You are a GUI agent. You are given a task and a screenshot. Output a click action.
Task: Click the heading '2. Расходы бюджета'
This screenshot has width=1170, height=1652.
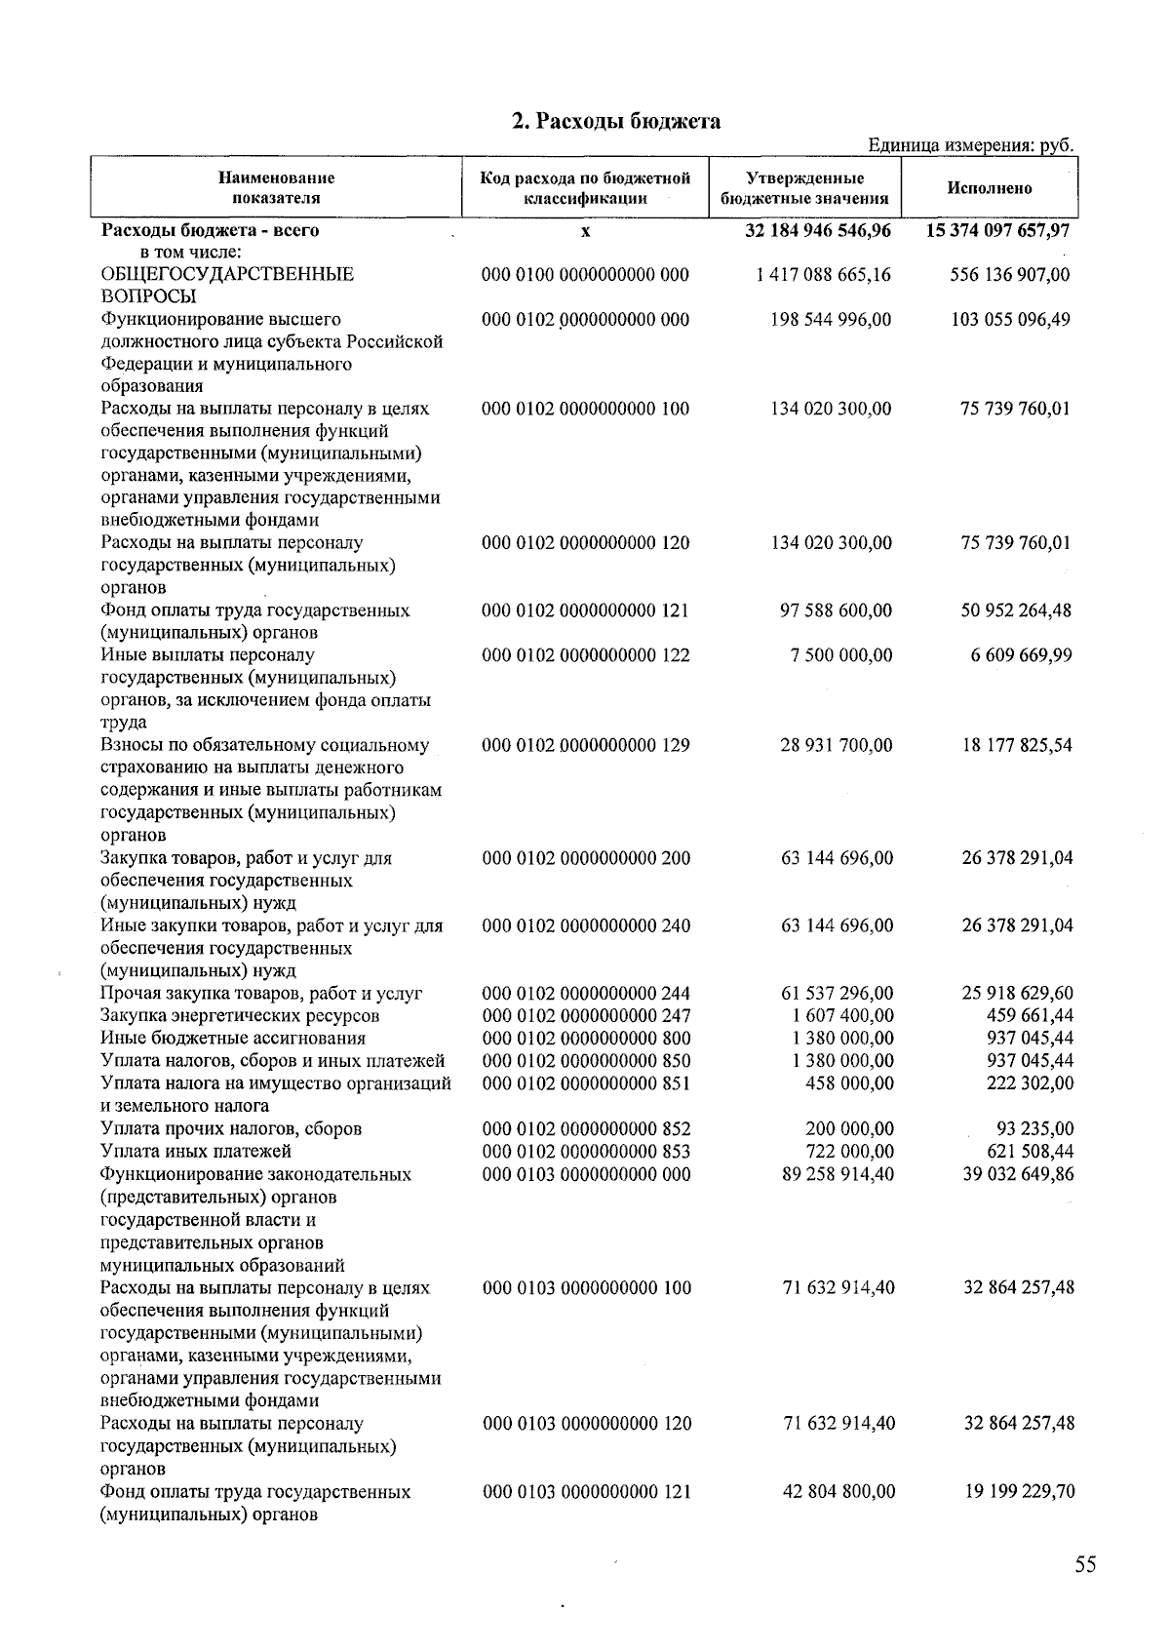click(x=616, y=121)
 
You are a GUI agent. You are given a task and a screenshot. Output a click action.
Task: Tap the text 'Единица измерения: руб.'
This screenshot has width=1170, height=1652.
click(x=971, y=145)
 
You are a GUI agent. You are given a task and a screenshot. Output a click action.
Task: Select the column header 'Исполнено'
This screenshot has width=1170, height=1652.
click(x=989, y=188)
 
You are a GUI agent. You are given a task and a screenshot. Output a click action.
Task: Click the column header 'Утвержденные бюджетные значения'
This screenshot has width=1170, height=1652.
click(x=804, y=188)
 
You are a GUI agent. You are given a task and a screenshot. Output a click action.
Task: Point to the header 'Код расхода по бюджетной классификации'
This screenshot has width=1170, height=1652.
click(x=585, y=188)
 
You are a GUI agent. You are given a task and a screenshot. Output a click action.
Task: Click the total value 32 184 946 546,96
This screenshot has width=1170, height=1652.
click(x=817, y=231)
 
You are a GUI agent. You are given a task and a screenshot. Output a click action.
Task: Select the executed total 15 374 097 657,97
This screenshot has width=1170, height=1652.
click(x=997, y=231)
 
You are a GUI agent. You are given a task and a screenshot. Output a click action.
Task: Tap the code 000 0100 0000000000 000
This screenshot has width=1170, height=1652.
click(x=586, y=275)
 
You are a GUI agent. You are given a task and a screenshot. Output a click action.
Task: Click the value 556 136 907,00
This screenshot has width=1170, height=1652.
click(x=1010, y=275)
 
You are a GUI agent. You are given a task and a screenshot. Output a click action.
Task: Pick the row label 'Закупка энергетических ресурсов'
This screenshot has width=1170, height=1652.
click(x=240, y=1015)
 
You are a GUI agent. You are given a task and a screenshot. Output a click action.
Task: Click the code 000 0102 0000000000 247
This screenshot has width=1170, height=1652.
click(x=587, y=1015)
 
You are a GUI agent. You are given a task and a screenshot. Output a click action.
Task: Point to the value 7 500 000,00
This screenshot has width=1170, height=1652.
click(x=841, y=655)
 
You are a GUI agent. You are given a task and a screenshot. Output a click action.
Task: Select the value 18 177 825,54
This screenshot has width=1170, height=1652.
click(x=1017, y=745)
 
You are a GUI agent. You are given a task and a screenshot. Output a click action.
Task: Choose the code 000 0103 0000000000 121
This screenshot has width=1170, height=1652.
click(x=587, y=1491)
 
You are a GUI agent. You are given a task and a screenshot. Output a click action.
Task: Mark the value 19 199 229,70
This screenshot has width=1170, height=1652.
click(x=1019, y=1491)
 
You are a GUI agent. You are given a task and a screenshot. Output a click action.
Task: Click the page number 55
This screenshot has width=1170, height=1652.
click(x=1085, y=1564)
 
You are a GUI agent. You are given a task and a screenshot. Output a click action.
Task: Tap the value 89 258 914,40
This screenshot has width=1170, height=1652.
click(x=838, y=1174)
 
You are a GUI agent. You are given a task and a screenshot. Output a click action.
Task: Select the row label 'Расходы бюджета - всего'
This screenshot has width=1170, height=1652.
click(x=210, y=231)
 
